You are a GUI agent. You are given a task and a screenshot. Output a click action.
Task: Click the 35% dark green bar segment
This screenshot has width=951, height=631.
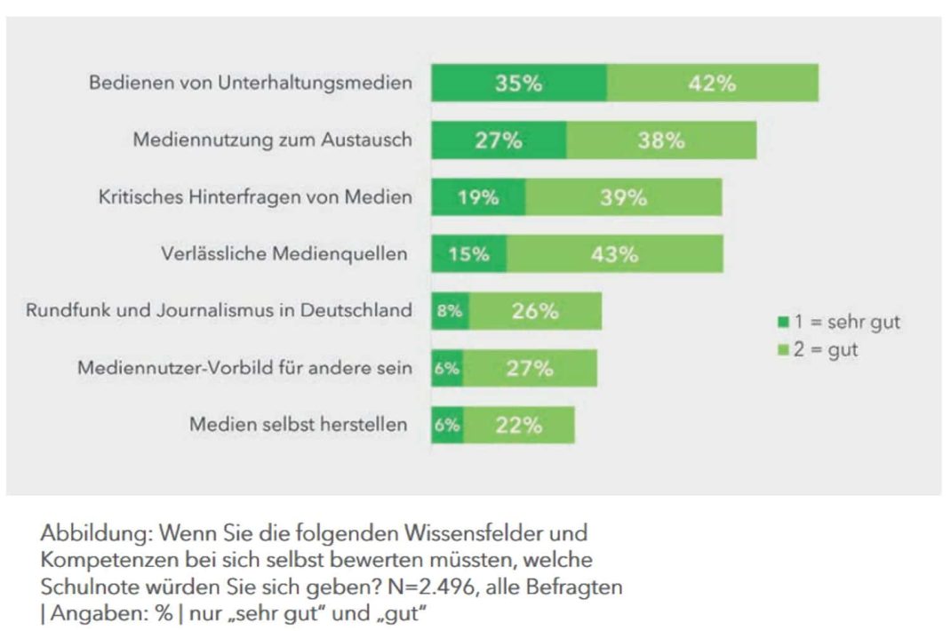click(x=519, y=84)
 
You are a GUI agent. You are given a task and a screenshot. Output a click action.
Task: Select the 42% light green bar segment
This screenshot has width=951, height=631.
click(x=712, y=84)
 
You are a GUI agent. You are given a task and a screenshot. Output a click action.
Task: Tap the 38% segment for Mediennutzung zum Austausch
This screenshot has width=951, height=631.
click(x=661, y=140)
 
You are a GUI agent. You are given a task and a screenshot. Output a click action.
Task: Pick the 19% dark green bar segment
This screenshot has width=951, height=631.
click(x=478, y=197)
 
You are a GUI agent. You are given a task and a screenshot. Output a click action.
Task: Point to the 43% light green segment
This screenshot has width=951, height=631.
click(x=614, y=254)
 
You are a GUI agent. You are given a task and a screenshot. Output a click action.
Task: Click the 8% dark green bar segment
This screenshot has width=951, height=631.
click(x=451, y=311)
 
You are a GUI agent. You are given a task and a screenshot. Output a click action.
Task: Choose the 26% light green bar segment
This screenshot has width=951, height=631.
click(x=535, y=311)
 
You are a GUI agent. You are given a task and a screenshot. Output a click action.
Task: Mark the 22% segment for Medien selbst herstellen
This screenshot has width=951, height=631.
click(x=519, y=425)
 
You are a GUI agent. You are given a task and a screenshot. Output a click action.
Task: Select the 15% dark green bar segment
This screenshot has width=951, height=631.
click(x=469, y=254)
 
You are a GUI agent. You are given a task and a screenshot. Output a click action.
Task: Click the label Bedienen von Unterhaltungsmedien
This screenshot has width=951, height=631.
click(x=250, y=84)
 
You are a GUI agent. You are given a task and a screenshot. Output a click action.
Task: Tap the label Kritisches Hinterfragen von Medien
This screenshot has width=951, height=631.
click(x=255, y=197)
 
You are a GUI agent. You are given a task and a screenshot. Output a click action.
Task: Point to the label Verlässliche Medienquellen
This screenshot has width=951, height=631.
click(x=284, y=254)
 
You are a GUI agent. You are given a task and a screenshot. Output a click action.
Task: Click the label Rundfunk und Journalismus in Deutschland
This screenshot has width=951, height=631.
click(x=219, y=311)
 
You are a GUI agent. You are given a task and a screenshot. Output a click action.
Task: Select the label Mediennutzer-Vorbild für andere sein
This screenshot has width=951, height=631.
click(x=244, y=368)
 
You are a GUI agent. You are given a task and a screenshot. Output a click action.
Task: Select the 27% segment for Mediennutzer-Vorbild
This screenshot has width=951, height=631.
click(x=530, y=368)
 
